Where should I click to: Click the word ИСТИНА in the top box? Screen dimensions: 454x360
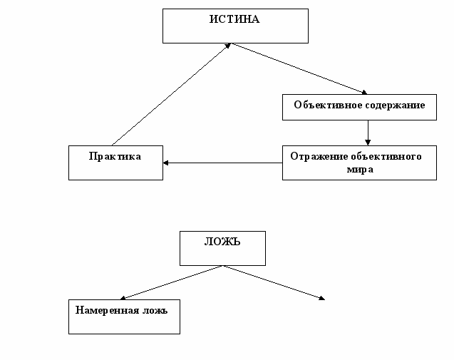[x=234, y=19]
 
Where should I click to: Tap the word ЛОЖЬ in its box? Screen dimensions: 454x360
[x=222, y=242]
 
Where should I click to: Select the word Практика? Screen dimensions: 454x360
[x=115, y=156]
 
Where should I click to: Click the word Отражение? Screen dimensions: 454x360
[x=319, y=156]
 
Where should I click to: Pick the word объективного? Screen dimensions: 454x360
[x=386, y=156]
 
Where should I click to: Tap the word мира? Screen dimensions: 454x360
[x=360, y=170]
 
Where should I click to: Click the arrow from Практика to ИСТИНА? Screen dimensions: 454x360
[x=171, y=94]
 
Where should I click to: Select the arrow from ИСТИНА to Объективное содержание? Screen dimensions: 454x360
[x=299, y=69]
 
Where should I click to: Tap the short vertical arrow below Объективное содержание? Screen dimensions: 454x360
[x=368, y=133]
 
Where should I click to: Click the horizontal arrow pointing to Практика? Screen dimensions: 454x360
[x=222, y=163]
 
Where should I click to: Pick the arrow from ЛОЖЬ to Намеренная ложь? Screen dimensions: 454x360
[x=171, y=282]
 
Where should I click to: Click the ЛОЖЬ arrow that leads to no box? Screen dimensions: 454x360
[x=274, y=282]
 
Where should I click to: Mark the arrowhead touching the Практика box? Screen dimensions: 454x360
[x=165, y=163]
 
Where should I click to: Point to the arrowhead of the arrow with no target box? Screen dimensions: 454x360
[x=321, y=298]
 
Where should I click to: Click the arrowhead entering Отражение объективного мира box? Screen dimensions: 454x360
[x=368, y=143]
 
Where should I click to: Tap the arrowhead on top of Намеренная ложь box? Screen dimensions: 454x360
[x=123, y=298]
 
